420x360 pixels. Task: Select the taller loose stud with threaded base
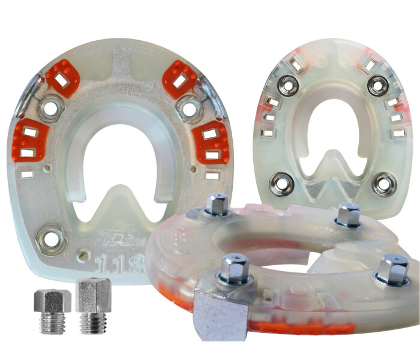(93, 304)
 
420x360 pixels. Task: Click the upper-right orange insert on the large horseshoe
(179, 78)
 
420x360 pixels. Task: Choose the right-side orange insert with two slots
(212, 143)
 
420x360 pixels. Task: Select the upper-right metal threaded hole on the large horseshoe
(189, 109)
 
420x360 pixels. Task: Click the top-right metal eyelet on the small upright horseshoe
(378, 86)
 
